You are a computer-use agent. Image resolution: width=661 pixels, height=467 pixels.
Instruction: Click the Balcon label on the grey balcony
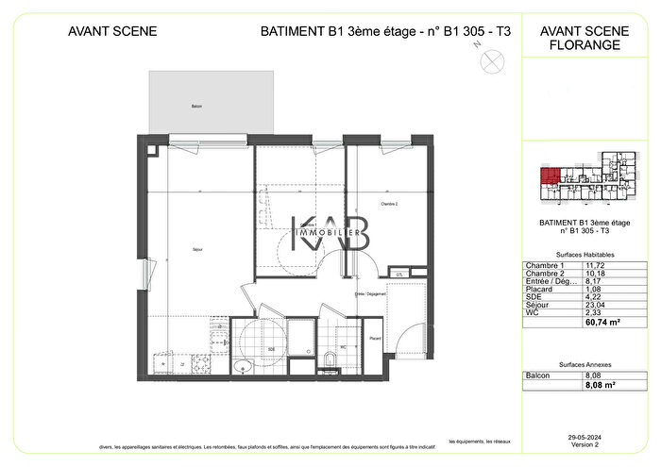click(x=196, y=107)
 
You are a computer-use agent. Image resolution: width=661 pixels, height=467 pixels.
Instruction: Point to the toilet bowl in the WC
click(x=330, y=359)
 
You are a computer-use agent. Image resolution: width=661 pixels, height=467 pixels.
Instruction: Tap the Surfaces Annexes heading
click(x=576, y=364)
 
